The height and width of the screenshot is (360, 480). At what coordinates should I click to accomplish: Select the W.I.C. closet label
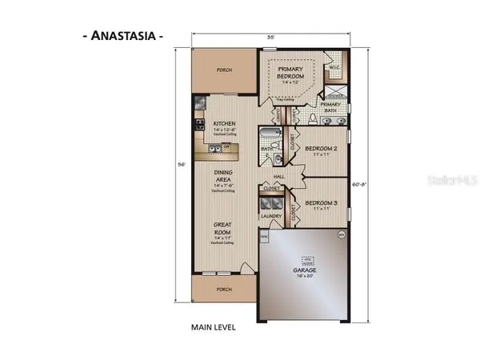[x=335, y=68]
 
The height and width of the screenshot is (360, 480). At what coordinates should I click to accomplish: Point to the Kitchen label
[x=225, y=124]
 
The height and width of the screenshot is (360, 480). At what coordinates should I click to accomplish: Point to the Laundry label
[x=269, y=216]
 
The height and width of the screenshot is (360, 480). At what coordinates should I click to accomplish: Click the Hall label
[x=279, y=176]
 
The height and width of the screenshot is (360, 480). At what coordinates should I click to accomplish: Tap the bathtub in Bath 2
[x=270, y=133]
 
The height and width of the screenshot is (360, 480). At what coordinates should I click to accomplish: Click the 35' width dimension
[x=272, y=36]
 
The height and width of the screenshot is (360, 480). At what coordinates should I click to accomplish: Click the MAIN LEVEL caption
[x=213, y=327]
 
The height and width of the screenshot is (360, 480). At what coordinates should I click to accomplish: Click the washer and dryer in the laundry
[x=271, y=201]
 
